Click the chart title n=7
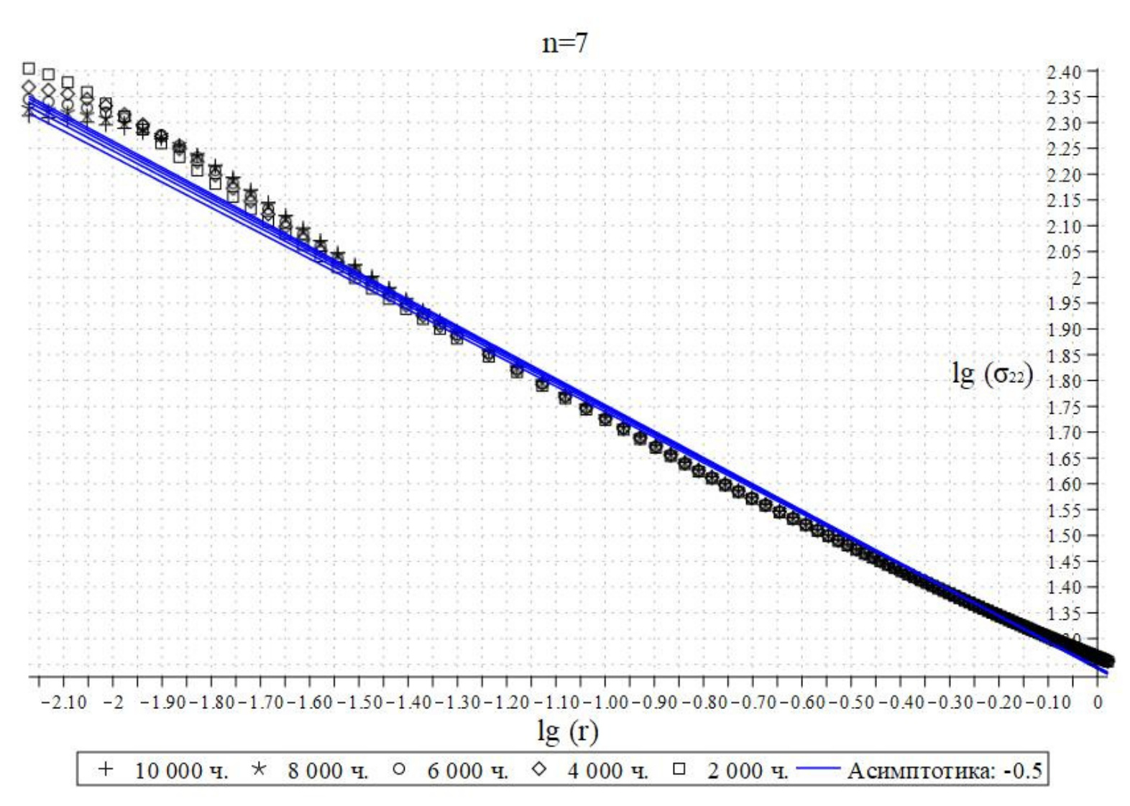tap(564, 43)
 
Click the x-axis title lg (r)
tap(567, 731)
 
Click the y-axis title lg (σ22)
tap(992, 374)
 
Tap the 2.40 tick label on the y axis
tap(1064, 72)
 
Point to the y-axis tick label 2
tap(1076, 278)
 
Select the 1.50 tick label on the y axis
tap(1064, 536)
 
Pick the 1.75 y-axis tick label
tap(1064, 407)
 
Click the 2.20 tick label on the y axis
tap(1064, 175)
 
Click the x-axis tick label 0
tap(1098, 702)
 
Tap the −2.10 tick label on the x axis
tap(65, 702)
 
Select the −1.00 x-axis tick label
tap(605, 702)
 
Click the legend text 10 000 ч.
tap(181, 771)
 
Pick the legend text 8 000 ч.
tap(328, 771)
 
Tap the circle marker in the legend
tap(399, 769)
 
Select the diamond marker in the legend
tap(538, 769)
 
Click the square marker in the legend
tap(679, 769)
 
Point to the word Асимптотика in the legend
tap(920, 771)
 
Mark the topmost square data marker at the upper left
tap(29, 69)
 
